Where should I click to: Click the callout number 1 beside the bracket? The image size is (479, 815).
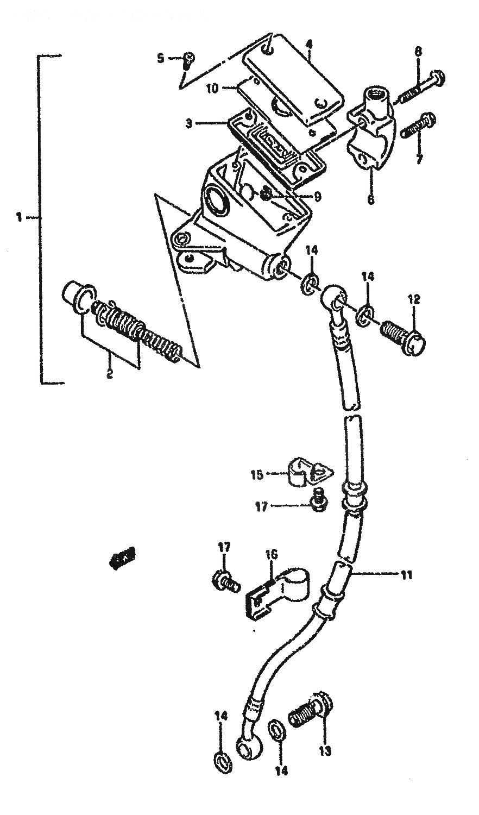point(20,217)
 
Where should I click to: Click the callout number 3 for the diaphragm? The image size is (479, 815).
point(189,124)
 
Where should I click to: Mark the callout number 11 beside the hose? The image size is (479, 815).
point(407,574)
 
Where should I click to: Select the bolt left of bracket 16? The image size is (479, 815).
point(225,580)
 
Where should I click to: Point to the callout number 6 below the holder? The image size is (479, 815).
point(371,199)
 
